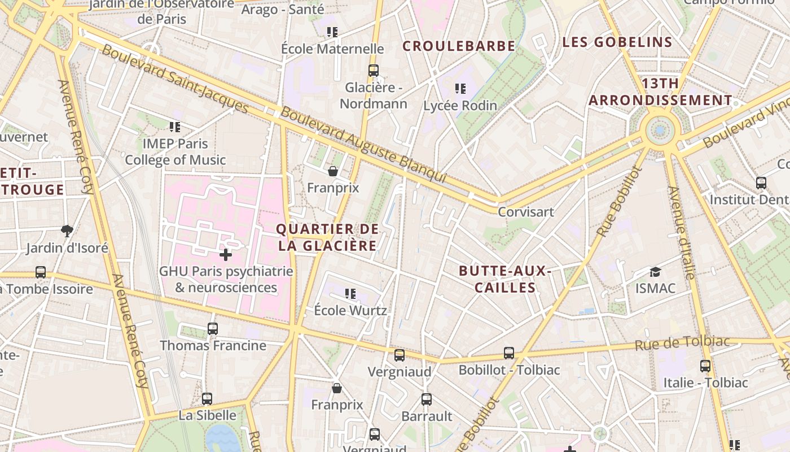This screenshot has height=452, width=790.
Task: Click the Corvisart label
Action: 525,212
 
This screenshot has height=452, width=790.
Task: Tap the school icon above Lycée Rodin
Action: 460,89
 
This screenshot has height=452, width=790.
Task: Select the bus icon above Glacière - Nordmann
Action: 373,71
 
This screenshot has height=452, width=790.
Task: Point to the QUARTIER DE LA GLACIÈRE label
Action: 327,237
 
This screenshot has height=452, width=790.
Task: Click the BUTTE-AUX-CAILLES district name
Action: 505,279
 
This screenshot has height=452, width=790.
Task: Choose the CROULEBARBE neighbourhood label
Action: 459,46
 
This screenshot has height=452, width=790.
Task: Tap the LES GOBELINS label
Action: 617,42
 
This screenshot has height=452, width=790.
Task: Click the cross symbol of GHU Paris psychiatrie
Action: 226,255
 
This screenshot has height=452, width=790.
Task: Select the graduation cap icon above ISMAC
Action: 655,272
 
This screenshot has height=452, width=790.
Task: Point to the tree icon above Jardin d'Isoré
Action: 67,231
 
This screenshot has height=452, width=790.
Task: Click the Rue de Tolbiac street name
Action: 682,343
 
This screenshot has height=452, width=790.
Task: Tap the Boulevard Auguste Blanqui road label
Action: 364,145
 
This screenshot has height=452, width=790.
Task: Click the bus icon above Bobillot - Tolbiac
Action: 509,353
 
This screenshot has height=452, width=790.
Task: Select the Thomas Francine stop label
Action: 213,345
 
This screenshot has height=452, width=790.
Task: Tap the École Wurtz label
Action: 350,310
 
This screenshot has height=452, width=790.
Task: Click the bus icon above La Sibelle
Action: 207,399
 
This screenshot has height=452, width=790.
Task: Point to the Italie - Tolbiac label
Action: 705,383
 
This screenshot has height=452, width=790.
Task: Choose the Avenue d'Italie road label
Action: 682,232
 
